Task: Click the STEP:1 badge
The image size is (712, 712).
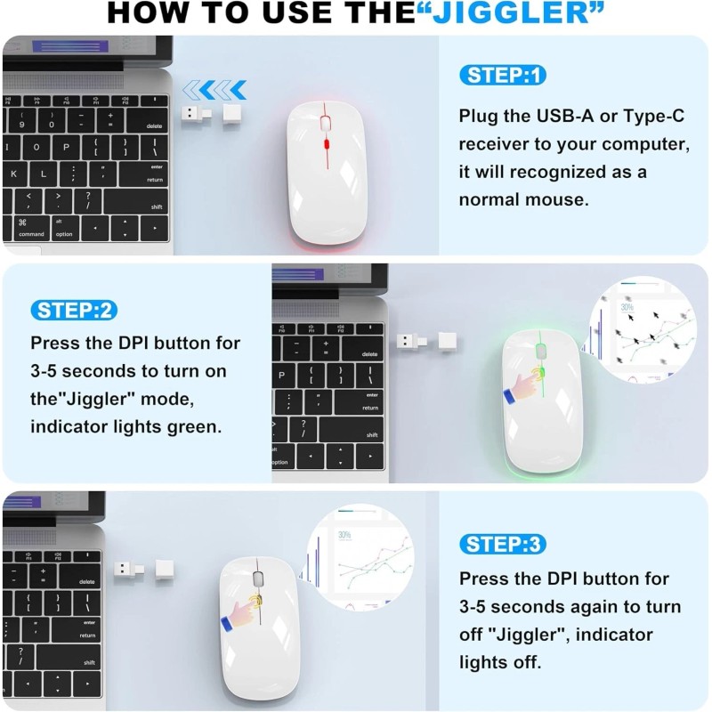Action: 502,76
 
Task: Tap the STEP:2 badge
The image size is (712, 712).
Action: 75,311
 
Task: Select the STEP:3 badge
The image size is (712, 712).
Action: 503,544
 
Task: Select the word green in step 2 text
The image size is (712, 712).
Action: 196,426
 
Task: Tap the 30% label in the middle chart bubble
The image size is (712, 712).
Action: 627,308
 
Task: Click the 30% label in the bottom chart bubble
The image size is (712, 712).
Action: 344,535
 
